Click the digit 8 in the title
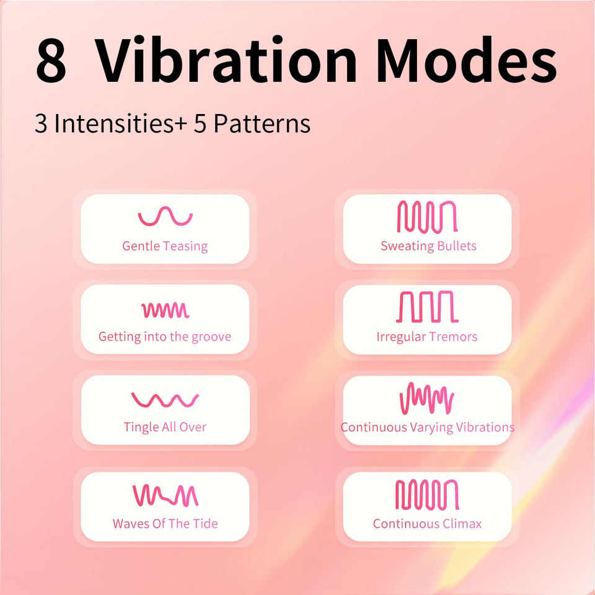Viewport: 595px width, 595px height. coord(51,60)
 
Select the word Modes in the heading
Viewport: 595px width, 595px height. coord(467,59)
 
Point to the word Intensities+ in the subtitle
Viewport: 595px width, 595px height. coord(121,123)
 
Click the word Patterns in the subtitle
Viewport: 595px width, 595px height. coord(262,123)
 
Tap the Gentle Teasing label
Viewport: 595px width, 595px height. coord(165,246)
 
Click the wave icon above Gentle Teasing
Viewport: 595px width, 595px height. coord(165,216)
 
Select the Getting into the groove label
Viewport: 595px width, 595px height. coord(165,337)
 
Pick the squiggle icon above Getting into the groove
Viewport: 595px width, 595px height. coord(165,310)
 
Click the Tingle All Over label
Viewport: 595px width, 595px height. coord(165,427)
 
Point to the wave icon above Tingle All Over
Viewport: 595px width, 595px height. coord(165,400)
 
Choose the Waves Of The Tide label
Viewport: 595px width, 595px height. coord(165,524)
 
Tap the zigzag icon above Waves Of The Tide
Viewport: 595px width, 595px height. coord(165,495)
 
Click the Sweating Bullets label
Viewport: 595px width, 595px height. coord(428,246)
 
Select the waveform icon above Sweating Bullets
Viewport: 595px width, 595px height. coord(427,217)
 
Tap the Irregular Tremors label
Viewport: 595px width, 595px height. coord(427,337)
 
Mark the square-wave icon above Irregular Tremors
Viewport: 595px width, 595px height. coord(427,307)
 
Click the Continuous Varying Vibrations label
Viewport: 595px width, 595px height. coord(428,428)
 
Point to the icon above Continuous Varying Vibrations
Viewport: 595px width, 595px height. coord(427,399)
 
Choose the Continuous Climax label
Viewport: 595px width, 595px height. coord(427,524)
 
